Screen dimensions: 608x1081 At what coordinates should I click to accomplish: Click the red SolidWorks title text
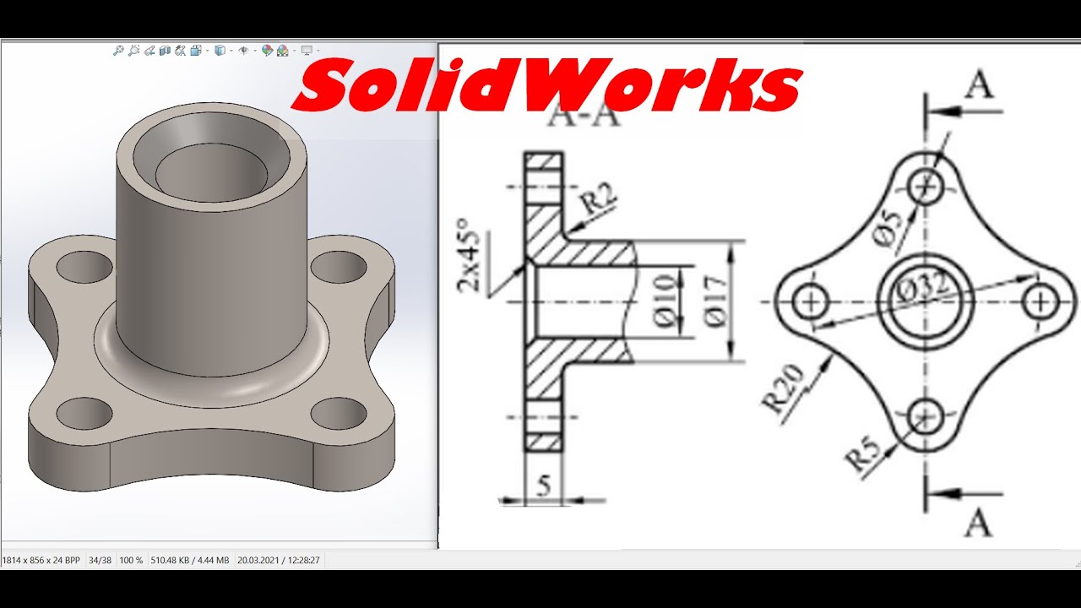(x=546, y=86)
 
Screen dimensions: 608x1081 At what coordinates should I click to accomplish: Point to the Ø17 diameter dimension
(x=714, y=301)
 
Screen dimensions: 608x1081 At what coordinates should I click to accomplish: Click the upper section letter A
(x=979, y=85)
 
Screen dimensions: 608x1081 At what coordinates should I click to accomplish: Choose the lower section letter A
(x=978, y=524)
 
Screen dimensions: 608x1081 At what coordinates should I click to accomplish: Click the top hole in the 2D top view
(x=926, y=186)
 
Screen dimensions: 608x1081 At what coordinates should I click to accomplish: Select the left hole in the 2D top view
(x=813, y=301)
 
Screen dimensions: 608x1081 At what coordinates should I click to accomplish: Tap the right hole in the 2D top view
(x=1040, y=301)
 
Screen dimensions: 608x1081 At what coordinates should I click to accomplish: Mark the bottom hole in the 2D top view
(x=926, y=415)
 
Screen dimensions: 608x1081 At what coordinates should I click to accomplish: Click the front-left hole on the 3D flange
(x=84, y=413)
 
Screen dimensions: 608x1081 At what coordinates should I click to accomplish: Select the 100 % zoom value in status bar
(x=131, y=560)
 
